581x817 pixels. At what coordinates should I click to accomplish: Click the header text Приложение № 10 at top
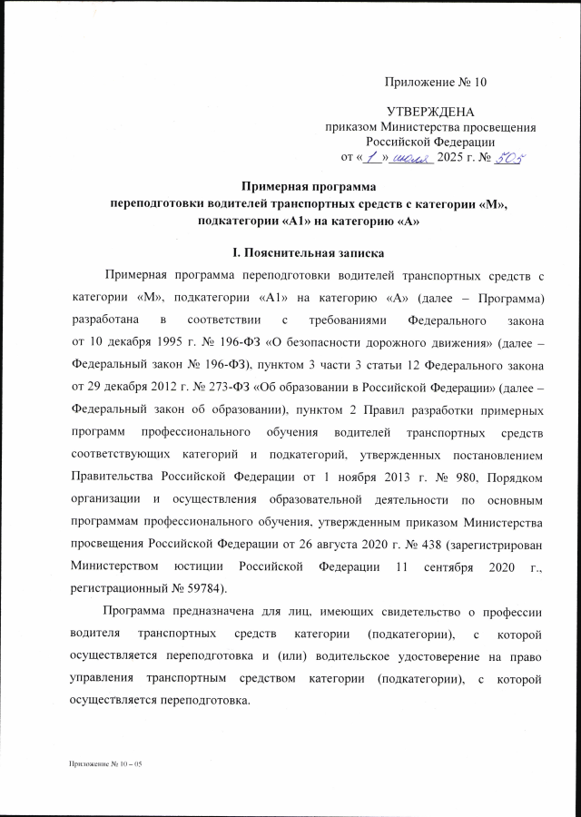click(436, 83)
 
